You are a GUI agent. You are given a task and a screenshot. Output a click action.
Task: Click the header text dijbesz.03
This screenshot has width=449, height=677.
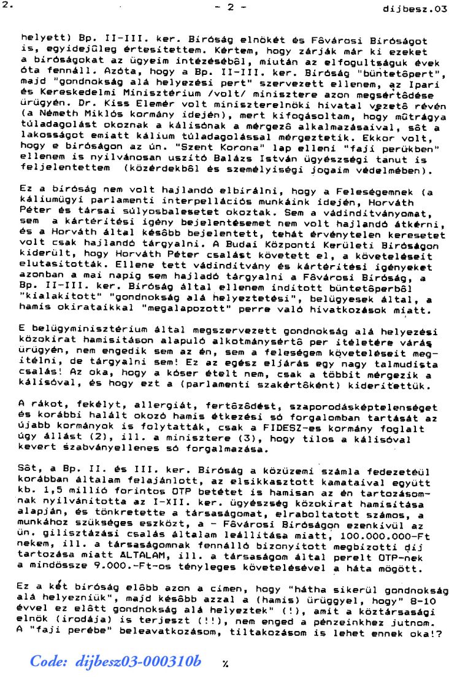pos(415,9)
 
